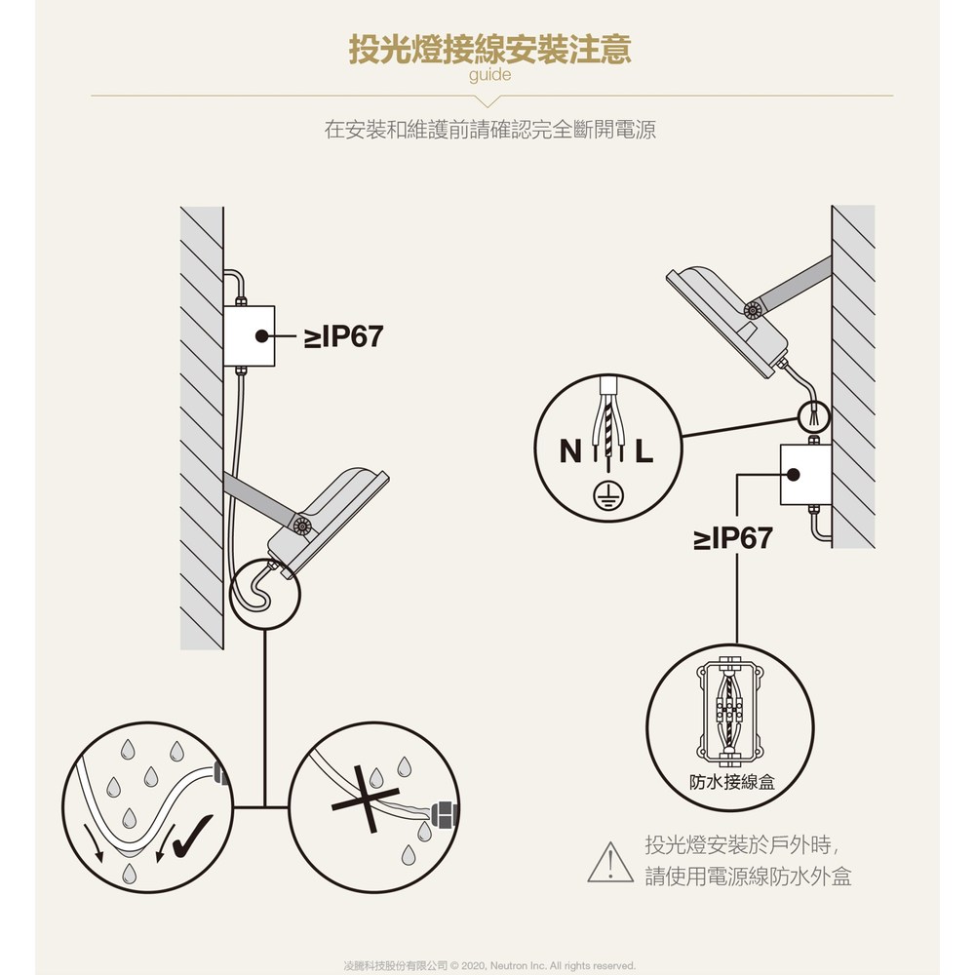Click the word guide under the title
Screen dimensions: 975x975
coord(489,75)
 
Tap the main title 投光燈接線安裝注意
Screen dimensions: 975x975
coord(489,49)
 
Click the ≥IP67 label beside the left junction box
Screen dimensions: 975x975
coord(343,336)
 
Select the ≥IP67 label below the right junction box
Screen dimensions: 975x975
coord(732,538)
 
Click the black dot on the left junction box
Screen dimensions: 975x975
coord(261,335)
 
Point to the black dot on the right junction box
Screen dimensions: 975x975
coord(793,475)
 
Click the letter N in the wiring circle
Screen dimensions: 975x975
coord(570,451)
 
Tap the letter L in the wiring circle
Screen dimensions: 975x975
coord(644,451)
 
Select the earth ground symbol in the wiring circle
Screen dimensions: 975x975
coord(607,495)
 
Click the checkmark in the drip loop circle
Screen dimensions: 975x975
coord(193,837)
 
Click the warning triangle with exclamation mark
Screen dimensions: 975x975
coord(610,863)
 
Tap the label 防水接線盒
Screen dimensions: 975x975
coord(732,782)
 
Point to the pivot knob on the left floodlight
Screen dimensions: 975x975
coord(302,526)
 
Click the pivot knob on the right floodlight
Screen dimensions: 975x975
coord(753,310)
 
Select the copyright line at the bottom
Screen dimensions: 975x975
coord(489,965)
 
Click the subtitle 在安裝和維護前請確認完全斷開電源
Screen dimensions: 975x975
coord(490,130)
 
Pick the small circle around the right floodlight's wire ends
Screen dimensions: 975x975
coord(813,416)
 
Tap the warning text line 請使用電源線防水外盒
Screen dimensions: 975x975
coord(748,877)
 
